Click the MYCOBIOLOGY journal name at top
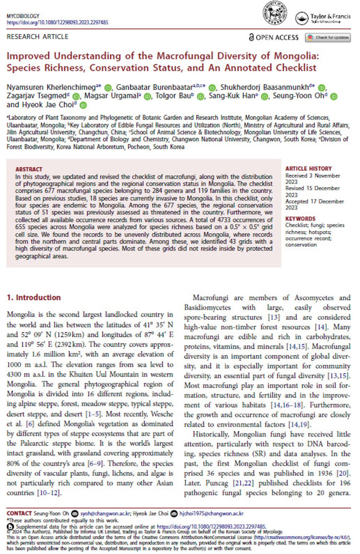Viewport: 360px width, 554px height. (x=23, y=16)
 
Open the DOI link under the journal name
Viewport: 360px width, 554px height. (x=57, y=22)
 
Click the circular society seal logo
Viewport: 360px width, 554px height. (x=274, y=13)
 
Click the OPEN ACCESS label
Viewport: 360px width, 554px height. (x=274, y=37)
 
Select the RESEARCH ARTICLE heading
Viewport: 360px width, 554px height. (x=37, y=37)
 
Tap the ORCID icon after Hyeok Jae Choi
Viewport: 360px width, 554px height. (x=83, y=105)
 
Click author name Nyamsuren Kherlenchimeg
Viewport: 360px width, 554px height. (x=51, y=87)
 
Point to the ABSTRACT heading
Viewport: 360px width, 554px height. (x=29, y=169)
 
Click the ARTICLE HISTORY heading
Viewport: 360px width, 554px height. (x=308, y=169)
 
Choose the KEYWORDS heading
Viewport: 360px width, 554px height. (x=300, y=219)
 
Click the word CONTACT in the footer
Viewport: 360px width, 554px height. (x=19, y=513)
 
